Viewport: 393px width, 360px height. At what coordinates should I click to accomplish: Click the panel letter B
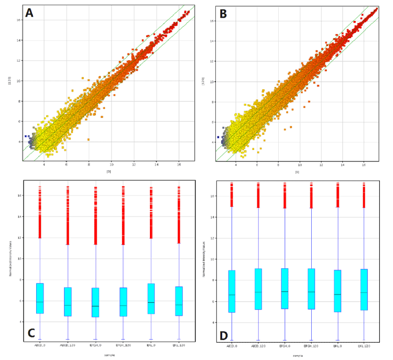(x=223, y=14)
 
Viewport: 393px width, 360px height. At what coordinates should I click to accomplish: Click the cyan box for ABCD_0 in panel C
(x=40, y=298)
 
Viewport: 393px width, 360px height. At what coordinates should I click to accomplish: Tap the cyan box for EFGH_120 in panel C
(x=124, y=301)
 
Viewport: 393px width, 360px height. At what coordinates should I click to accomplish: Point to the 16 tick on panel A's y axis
(x=19, y=20)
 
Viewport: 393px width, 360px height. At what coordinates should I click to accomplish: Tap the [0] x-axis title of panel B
(x=297, y=171)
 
